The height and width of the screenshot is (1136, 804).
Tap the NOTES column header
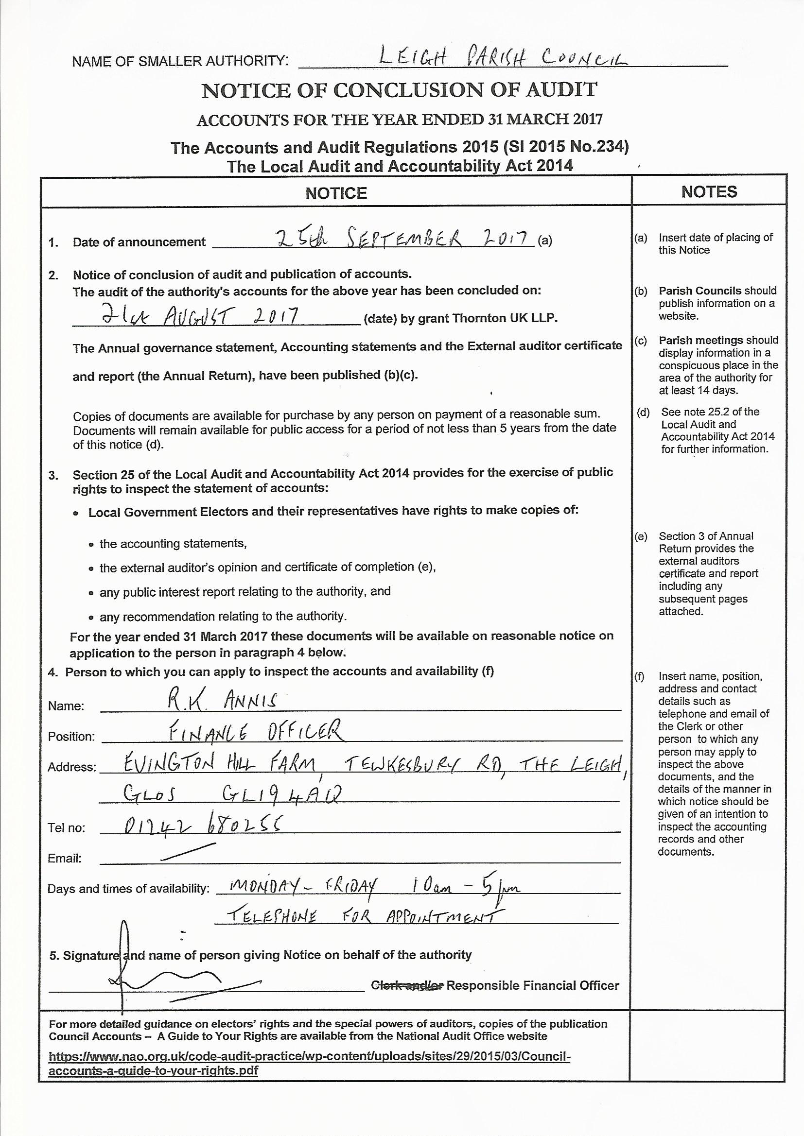(x=709, y=192)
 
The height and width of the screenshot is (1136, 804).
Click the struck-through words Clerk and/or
(x=407, y=985)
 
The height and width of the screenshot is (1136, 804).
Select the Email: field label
(x=65, y=859)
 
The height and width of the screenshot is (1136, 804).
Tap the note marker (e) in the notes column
(x=641, y=536)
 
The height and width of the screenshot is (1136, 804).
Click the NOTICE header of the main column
(x=336, y=193)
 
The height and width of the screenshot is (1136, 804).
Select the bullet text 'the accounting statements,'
(x=173, y=544)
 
